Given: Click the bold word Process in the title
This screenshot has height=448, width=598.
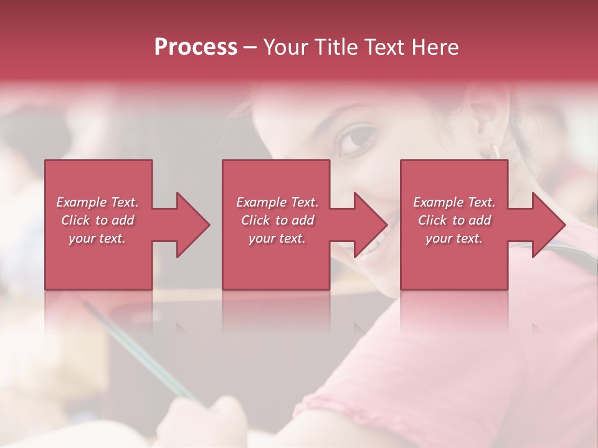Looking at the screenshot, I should point(196,47).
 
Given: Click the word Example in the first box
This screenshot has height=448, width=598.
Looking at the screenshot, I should point(82,202).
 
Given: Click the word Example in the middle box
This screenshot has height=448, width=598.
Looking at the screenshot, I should point(262,202).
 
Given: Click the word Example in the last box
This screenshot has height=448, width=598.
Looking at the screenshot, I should point(439,202).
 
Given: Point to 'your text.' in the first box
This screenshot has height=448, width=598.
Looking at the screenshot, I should point(97,238).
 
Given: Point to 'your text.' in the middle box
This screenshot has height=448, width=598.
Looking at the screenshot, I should point(277,238).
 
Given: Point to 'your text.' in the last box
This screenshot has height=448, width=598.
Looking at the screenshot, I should point(454,238).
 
